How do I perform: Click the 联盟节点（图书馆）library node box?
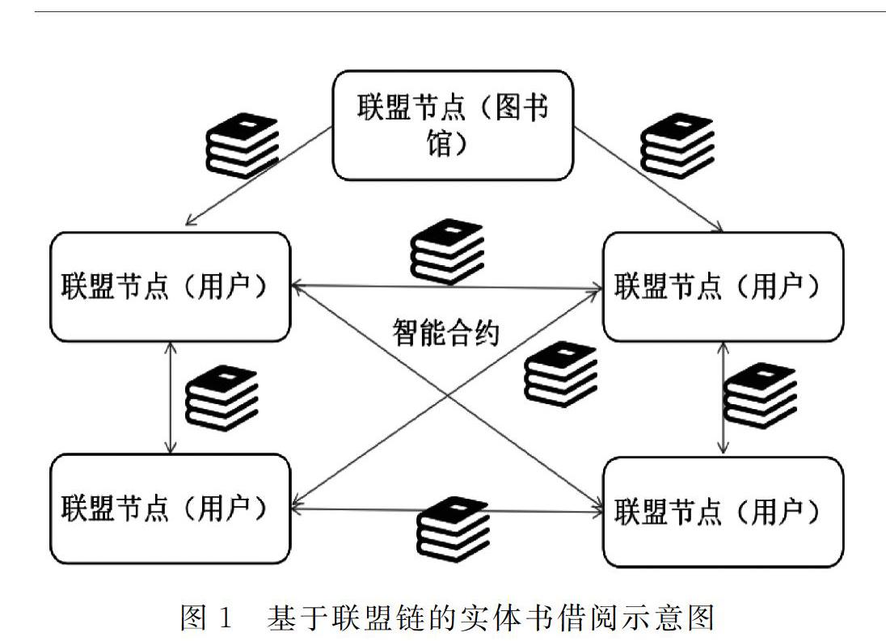coord(454,124)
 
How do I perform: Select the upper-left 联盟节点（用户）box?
coord(170,287)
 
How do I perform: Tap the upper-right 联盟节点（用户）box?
coord(723,287)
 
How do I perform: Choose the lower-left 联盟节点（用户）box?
coord(170,508)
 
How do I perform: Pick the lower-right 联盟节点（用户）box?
coord(723,512)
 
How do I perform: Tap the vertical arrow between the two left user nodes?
coord(170,397)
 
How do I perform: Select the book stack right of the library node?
coord(677,145)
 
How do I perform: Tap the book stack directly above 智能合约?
coord(446,252)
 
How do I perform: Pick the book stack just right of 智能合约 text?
coord(561,374)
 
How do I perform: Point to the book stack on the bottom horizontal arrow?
coord(453,529)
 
